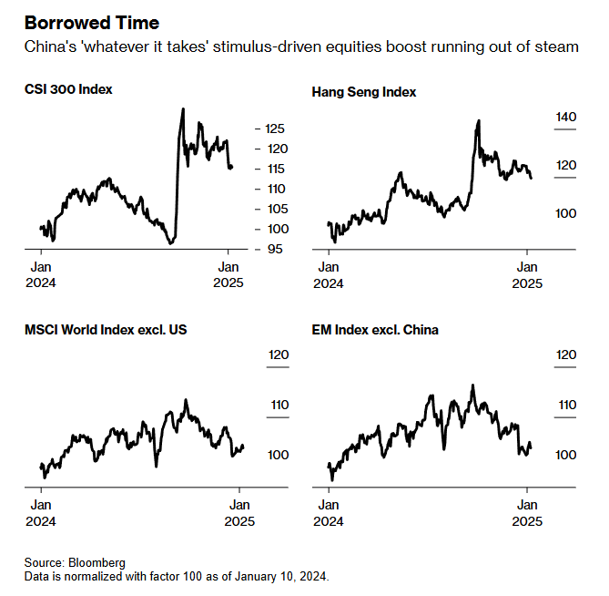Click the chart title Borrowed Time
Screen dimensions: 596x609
[x=92, y=22]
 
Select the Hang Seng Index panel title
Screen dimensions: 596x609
[x=364, y=92]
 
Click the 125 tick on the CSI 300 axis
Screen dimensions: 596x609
[x=276, y=128]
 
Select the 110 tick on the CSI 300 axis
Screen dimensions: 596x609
[x=276, y=189]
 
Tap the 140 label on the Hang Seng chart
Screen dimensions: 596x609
[x=566, y=117]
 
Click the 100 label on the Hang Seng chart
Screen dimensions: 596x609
[x=566, y=212]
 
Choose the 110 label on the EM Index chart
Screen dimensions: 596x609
[x=566, y=406]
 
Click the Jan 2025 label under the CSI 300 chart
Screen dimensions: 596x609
[x=229, y=274]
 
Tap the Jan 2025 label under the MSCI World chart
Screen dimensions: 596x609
[x=240, y=513]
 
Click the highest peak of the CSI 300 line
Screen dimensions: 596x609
[x=183, y=109]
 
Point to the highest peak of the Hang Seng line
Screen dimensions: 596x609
[x=479, y=120]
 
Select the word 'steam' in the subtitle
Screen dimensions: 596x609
[x=559, y=46]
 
